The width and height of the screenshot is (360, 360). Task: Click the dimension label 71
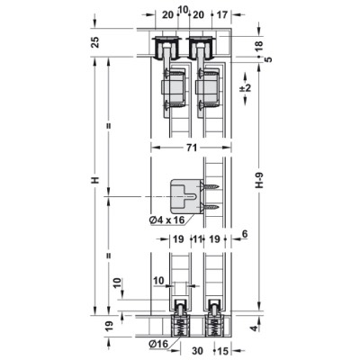click(x=191, y=148)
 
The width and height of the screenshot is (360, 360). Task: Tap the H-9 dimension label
click(x=260, y=180)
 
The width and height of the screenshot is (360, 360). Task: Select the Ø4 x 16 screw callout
click(x=166, y=220)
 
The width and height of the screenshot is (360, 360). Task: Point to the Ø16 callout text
click(x=158, y=345)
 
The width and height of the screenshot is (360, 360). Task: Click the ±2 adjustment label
click(x=247, y=88)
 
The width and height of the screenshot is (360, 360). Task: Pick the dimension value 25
click(x=94, y=42)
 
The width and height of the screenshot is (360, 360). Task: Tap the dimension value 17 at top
click(x=222, y=14)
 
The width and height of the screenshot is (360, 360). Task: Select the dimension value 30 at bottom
click(x=197, y=350)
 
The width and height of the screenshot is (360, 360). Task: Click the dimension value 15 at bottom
click(x=222, y=350)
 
